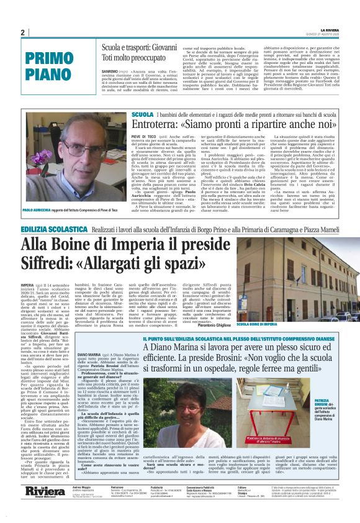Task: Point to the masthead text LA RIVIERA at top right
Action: pos(330,29)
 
